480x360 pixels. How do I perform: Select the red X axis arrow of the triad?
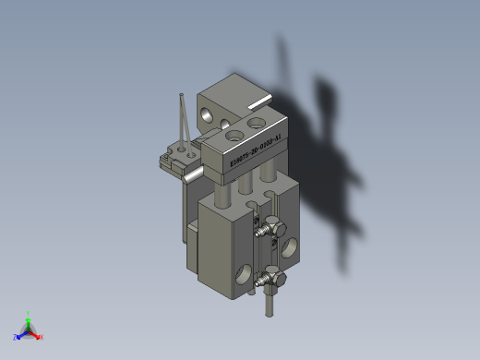[x=39, y=336]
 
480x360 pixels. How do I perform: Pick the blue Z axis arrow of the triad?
[x=18, y=336]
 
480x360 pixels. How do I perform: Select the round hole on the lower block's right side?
[x=290, y=246]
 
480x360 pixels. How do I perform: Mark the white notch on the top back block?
[x=259, y=97]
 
